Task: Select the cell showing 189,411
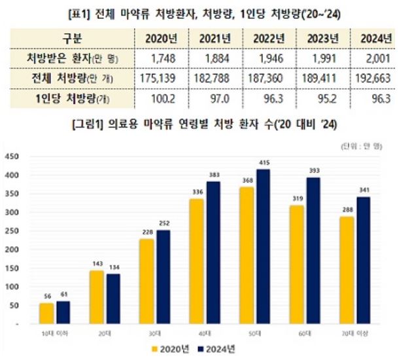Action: click(321, 78)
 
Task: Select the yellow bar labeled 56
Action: click(46, 314)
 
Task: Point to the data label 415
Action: click(264, 162)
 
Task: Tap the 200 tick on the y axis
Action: click(13, 250)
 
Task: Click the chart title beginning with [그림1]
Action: click(199, 124)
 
